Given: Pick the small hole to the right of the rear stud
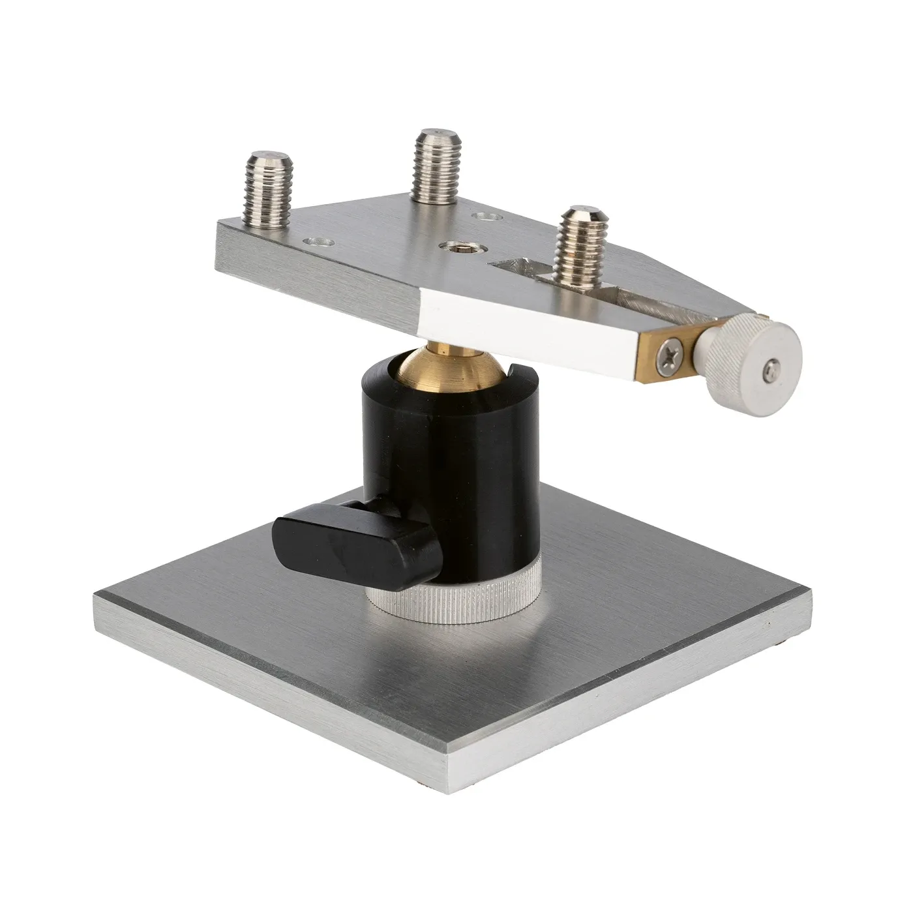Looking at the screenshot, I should click(x=485, y=215).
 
